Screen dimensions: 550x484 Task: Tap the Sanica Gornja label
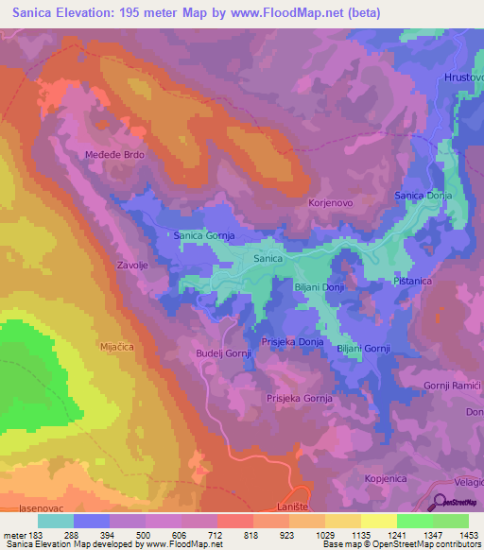tap(203, 235)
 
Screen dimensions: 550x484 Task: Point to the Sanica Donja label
tap(423, 196)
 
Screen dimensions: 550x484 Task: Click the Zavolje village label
tap(132, 266)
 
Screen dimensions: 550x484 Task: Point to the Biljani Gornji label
tap(363, 349)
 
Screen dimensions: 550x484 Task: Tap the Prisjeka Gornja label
tap(299, 399)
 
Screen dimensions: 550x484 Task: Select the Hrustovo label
tap(463, 77)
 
